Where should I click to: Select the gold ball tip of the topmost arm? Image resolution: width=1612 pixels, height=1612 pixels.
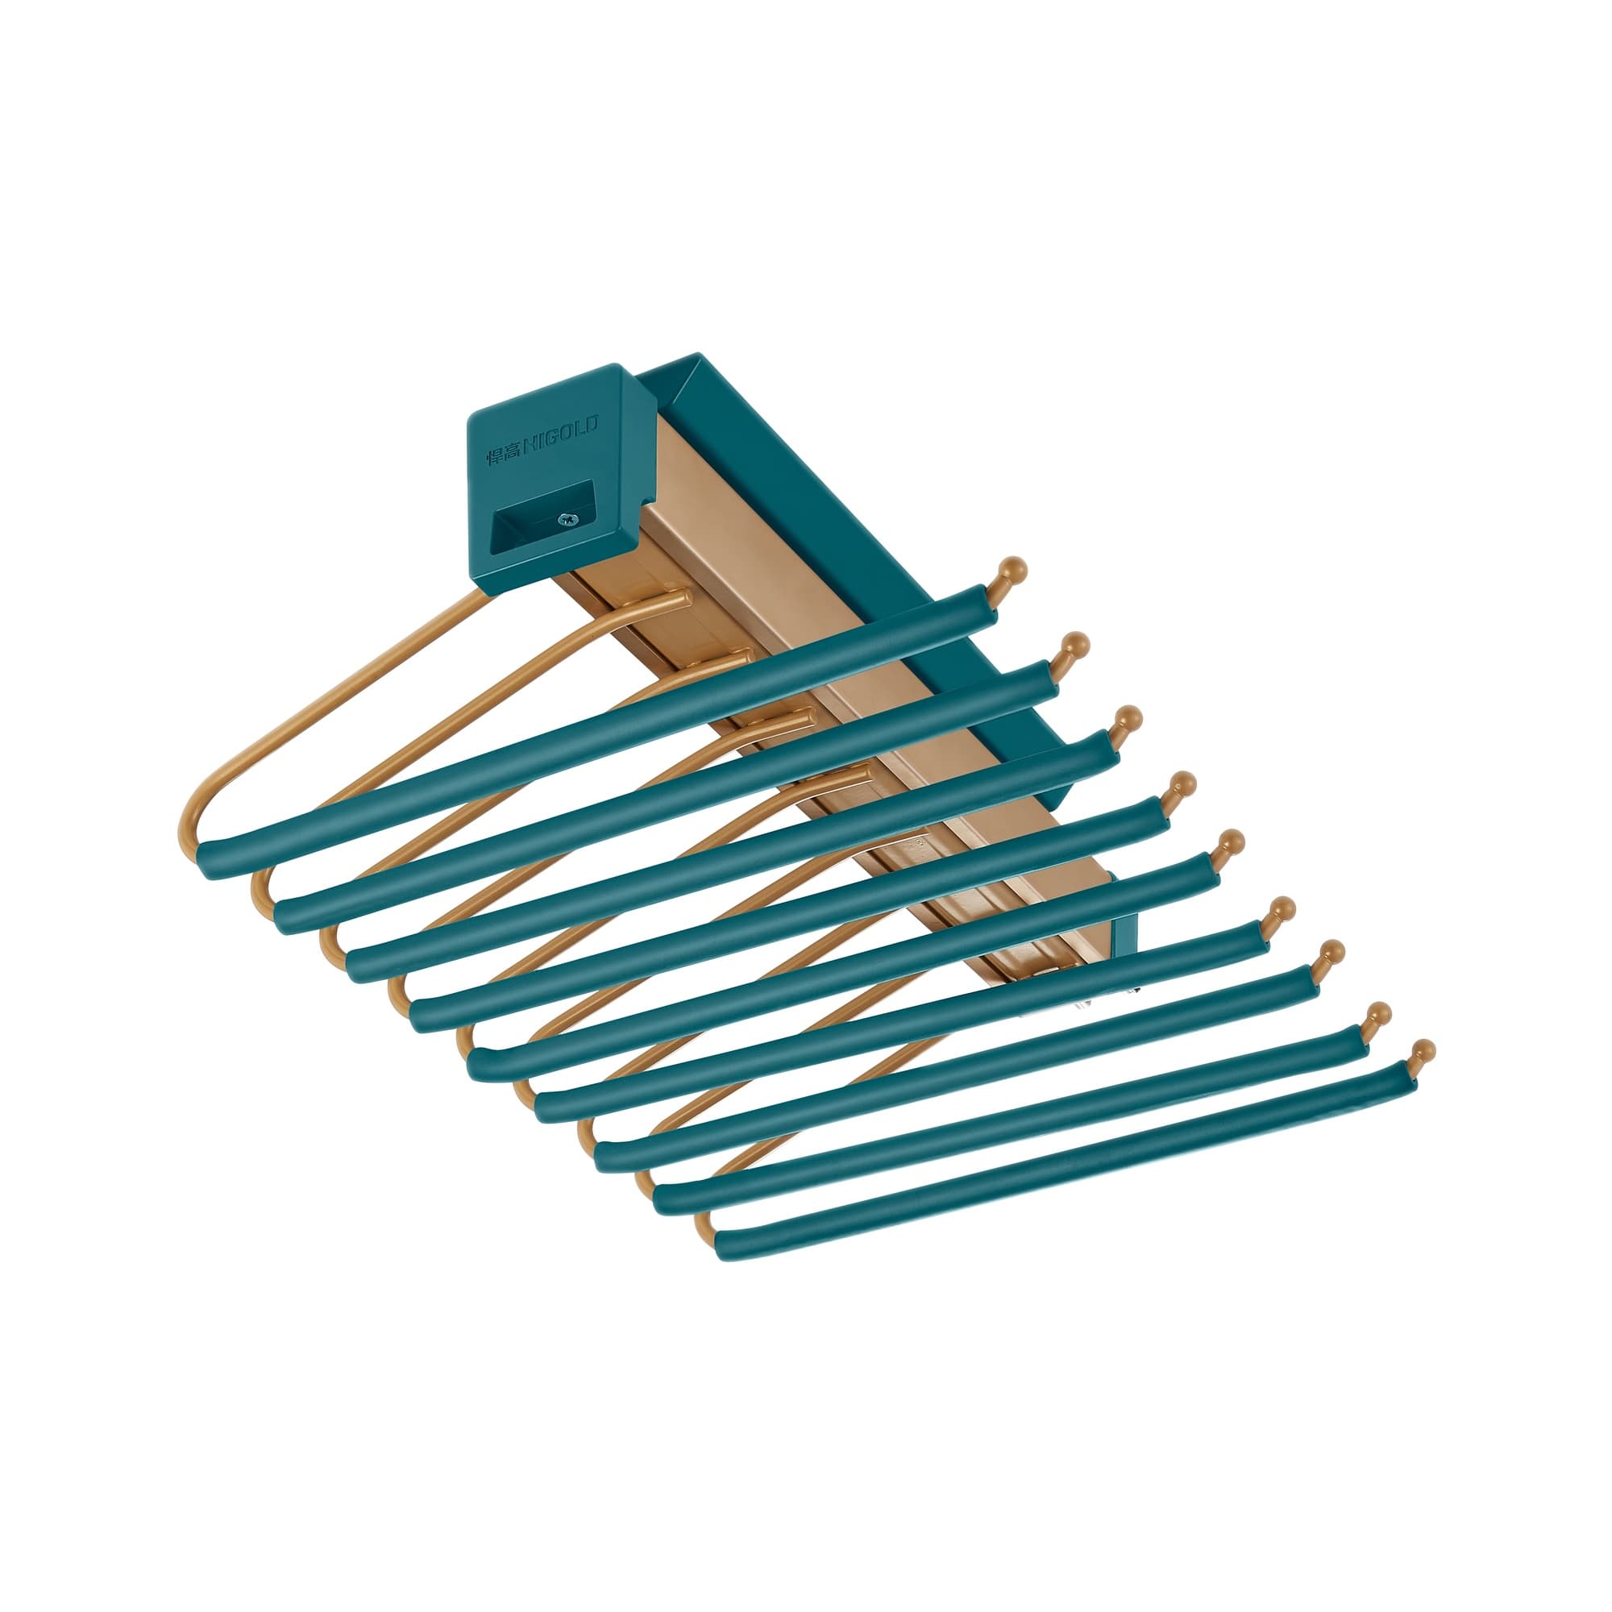(1014, 570)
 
